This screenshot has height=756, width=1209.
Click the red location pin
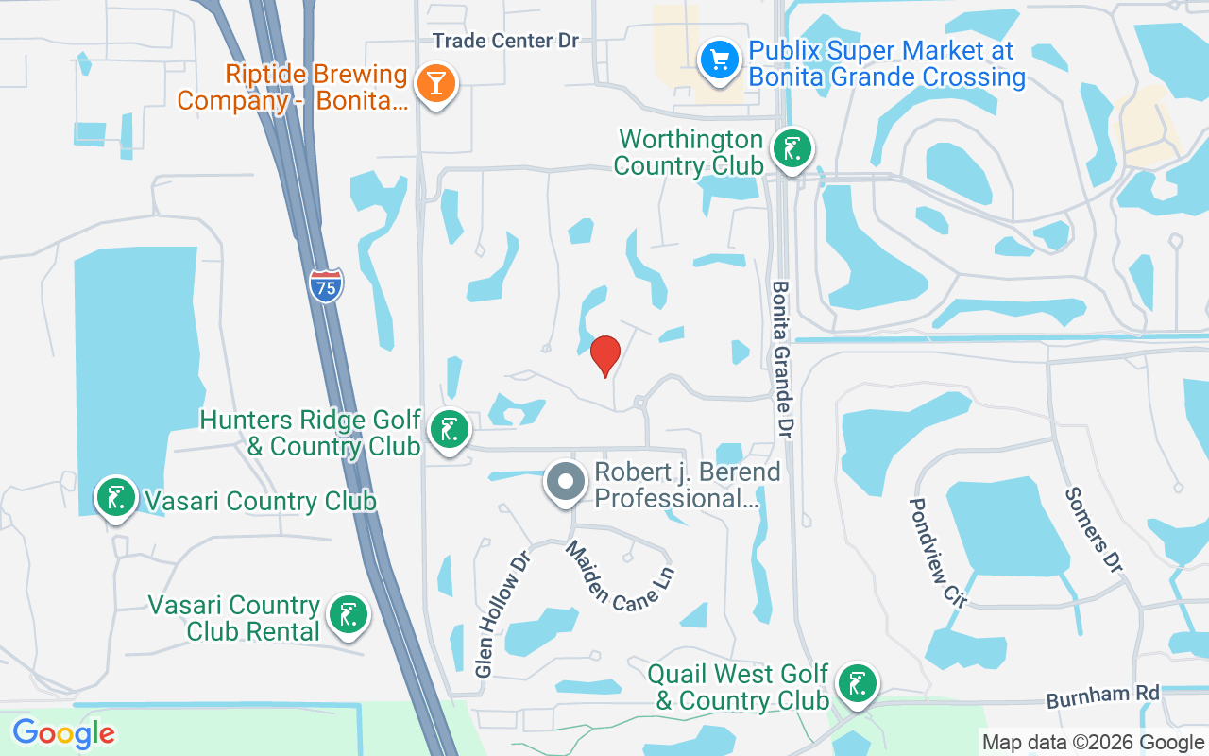click(605, 355)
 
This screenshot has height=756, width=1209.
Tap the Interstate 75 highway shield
click(326, 285)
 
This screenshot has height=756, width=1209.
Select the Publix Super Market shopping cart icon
click(720, 60)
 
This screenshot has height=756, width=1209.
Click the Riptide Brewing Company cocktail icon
click(435, 84)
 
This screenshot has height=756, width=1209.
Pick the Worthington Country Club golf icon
click(792, 149)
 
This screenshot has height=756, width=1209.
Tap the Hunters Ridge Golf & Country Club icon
click(450, 431)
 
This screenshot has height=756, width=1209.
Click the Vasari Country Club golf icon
click(115, 497)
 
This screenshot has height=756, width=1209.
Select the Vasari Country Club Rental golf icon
click(348, 615)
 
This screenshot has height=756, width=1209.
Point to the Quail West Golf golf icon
click(856, 684)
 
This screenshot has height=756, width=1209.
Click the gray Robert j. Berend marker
click(566, 483)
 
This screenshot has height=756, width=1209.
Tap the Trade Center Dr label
click(505, 41)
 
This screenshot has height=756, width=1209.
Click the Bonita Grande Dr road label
click(782, 359)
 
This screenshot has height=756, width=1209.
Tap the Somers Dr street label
click(1093, 529)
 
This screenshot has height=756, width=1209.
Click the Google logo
click(63, 732)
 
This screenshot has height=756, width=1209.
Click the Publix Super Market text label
click(886, 63)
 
